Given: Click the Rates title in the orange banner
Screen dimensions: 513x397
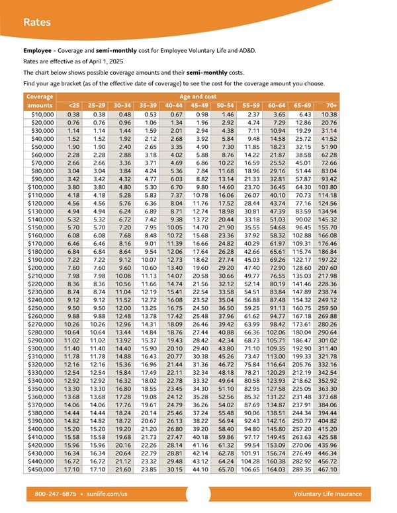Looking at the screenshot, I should (37, 22).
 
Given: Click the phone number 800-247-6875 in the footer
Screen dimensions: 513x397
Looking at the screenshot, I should (54, 494).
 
